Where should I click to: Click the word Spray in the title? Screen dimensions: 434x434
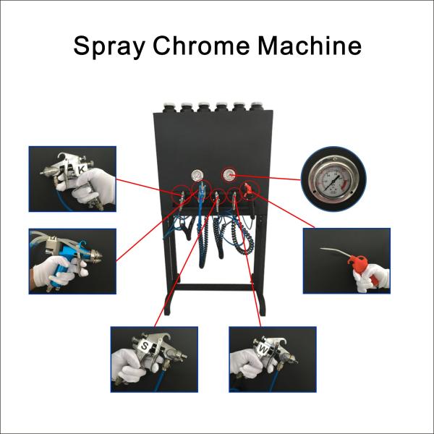coord(108,46)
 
